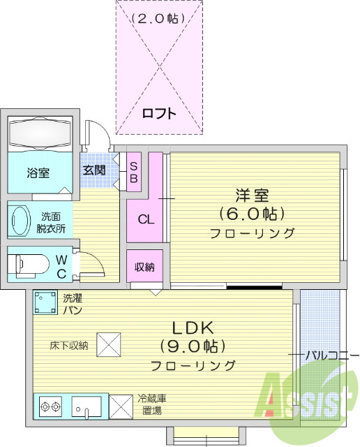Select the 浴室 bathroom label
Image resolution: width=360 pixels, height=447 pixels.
[x=38, y=173]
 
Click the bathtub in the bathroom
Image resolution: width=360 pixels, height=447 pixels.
[x=40, y=133]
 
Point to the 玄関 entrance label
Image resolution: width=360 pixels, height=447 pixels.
[x=94, y=170]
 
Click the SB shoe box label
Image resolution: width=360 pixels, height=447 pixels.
[x=135, y=171]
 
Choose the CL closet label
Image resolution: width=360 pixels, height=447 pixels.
[x=144, y=219]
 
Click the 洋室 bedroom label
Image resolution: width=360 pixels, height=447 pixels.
[x=252, y=195]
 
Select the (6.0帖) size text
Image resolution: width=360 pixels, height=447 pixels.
[x=252, y=213]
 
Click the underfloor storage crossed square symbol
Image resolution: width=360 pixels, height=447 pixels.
[x=109, y=344]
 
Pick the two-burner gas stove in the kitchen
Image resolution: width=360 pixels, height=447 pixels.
[x=52, y=406]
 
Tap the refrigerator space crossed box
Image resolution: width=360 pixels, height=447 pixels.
[x=121, y=406]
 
